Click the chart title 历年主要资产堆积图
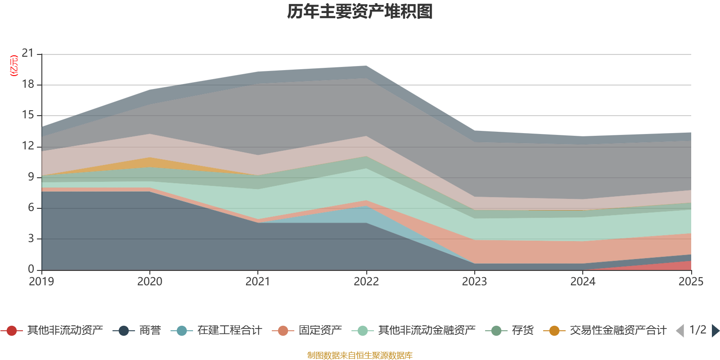click(360, 12)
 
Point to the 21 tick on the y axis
click(28, 54)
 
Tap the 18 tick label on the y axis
click(28, 85)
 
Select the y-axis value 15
click(28, 115)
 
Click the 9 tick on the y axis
click(31, 177)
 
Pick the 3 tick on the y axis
click(31, 238)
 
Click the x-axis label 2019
click(41, 282)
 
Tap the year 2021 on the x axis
click(257, 282)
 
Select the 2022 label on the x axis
click(366, 282)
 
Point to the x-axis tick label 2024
click(583, 282)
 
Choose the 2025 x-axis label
click(691, 282)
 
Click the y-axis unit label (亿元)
click(14, 66)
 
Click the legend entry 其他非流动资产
click(65, 331)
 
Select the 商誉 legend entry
click(150, 331)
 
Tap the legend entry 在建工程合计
click(229, 331)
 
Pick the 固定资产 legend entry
click(320, 331)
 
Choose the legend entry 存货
click(522, 331)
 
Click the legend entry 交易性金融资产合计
click(617, 331)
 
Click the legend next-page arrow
click(715, 331)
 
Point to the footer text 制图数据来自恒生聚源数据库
click(360, 355)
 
